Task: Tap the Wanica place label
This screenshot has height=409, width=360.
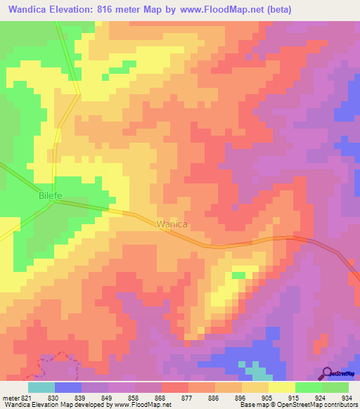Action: [172, 224]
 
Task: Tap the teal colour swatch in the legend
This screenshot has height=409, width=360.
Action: [41, 387]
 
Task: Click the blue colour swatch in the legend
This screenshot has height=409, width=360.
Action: [68, 387]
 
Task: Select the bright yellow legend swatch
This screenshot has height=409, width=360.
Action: [281, 387]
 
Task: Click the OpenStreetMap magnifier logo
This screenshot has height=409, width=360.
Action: [326, 373]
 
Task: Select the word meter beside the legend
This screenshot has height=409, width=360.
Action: [10, 397]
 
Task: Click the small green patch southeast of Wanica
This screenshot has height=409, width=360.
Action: [239, 275]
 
